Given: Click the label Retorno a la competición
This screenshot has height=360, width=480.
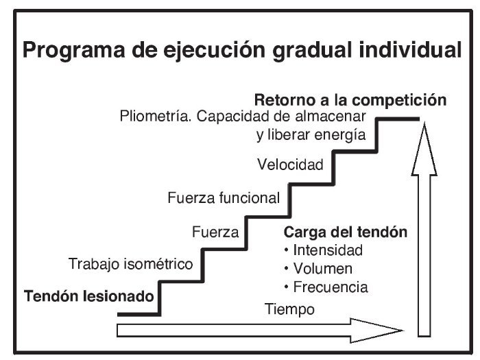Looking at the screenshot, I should (350, 100).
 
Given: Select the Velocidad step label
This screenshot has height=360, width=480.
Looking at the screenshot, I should (289, 165).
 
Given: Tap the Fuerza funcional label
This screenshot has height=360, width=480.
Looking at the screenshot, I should (224, 199).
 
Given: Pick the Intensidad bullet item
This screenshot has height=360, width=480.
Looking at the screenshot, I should (323, 250).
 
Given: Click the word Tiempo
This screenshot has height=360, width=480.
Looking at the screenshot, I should (289, 309).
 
